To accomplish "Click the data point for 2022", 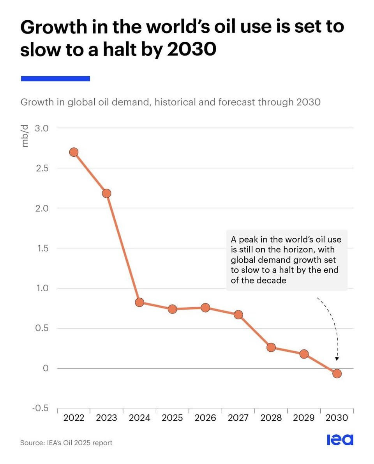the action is point(74,152).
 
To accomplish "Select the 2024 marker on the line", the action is point(139,302).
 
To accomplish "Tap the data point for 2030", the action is point(337,374).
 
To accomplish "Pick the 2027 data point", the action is point(238,315).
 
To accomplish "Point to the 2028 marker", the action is point(271,347).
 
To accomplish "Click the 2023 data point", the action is point(106,193).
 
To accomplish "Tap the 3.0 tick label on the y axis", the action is point(42,128).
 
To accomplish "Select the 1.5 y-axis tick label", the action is point(42,248).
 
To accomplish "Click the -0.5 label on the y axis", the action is point(40,408).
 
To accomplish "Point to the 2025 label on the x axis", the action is point(172,418).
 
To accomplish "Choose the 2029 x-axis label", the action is point(303,418).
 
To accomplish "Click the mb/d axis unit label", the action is point(25,136).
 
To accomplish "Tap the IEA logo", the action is point(340,439).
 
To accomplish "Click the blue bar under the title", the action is point(56,78).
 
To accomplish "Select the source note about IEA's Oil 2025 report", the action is point(66,443).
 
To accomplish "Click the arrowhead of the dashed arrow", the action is point(337,359).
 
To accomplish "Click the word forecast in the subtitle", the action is point(236,102).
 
